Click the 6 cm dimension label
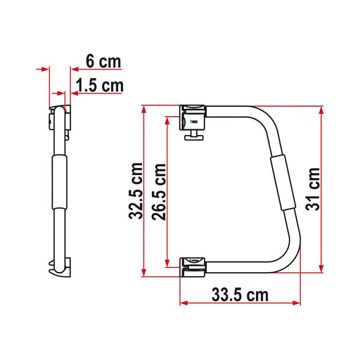click(x=103, y=61)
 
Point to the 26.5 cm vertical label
click(x=160, y=191)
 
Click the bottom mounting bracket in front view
click(x=193, y=264)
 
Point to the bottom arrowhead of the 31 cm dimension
click(x=323, y=269)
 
